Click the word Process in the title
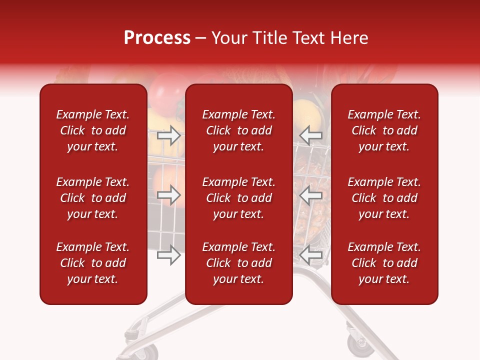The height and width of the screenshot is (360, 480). pyautogui.click(x=157, y=38)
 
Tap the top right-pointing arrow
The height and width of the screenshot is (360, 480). pyautogui.click(x=168, y=135)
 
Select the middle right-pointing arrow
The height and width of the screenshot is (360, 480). pyautogui.click(x=168, y=195)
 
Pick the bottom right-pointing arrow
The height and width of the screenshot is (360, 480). pyautogui.click(x=168, y=255)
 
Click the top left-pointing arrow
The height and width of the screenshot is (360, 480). pyautogui.click(x=311, y=135)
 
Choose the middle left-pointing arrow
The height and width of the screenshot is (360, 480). pyautogui.click(x=311, y=195)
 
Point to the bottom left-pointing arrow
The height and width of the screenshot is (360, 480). pyautogui.click(x=311, y=255)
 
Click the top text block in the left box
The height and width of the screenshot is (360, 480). pyautogui.click(x=93, y=130)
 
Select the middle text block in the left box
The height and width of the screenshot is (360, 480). pyautogui.click(x=93, y=198)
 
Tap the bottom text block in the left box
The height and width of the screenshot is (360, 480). pyautogui.click(x=93, y=263)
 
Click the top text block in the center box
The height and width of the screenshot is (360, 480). pyautogui.click(x=239, y=130)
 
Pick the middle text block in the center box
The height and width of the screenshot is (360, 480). pyautogui.click(x=239, y=198)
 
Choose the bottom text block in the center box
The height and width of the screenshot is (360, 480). pyautogui.click(x=239, y=263)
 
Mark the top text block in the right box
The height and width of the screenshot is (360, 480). pyautogui.click(x=384, y=130)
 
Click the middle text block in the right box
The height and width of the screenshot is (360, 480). pyautogui.click(x=384, y=198)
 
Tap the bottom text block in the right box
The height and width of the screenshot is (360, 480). pyautogui.click(x=384, y=263)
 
